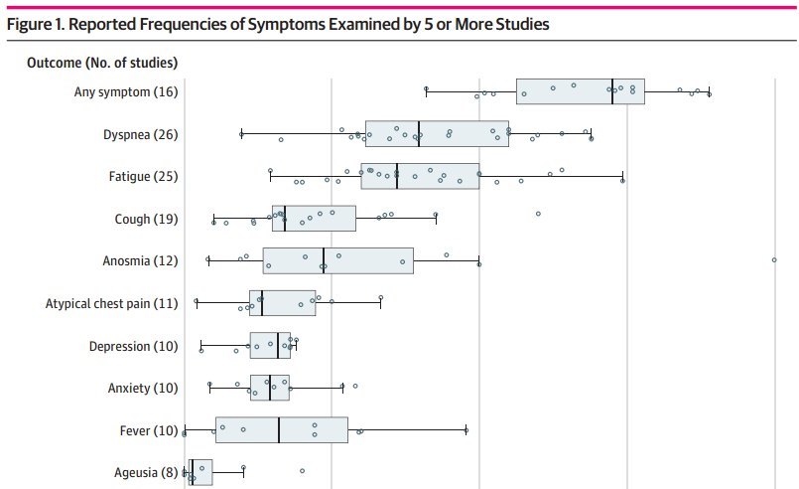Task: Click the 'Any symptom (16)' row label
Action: [x=126, y=92]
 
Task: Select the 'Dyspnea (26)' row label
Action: [x=141, y=135]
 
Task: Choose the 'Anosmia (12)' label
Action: [x=140, y=261]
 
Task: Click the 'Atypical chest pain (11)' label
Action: [x=112, y=303]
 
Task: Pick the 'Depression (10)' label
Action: [x=133, y=346]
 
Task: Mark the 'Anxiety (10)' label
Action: [x=143, y=388]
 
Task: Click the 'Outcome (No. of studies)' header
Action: [x=102, y=64]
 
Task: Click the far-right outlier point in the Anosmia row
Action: [x=773, y=260]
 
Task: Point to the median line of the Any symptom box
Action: [x=612, y=91]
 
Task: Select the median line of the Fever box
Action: [x=279, y=429]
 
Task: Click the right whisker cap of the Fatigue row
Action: [x=622, y=176]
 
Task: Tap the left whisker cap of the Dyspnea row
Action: [x=241, y=133]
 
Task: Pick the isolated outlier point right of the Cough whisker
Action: [x=538, y=213]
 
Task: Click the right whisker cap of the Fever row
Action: [x=466, y=429]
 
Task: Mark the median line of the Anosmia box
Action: [x=324, y=260]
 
